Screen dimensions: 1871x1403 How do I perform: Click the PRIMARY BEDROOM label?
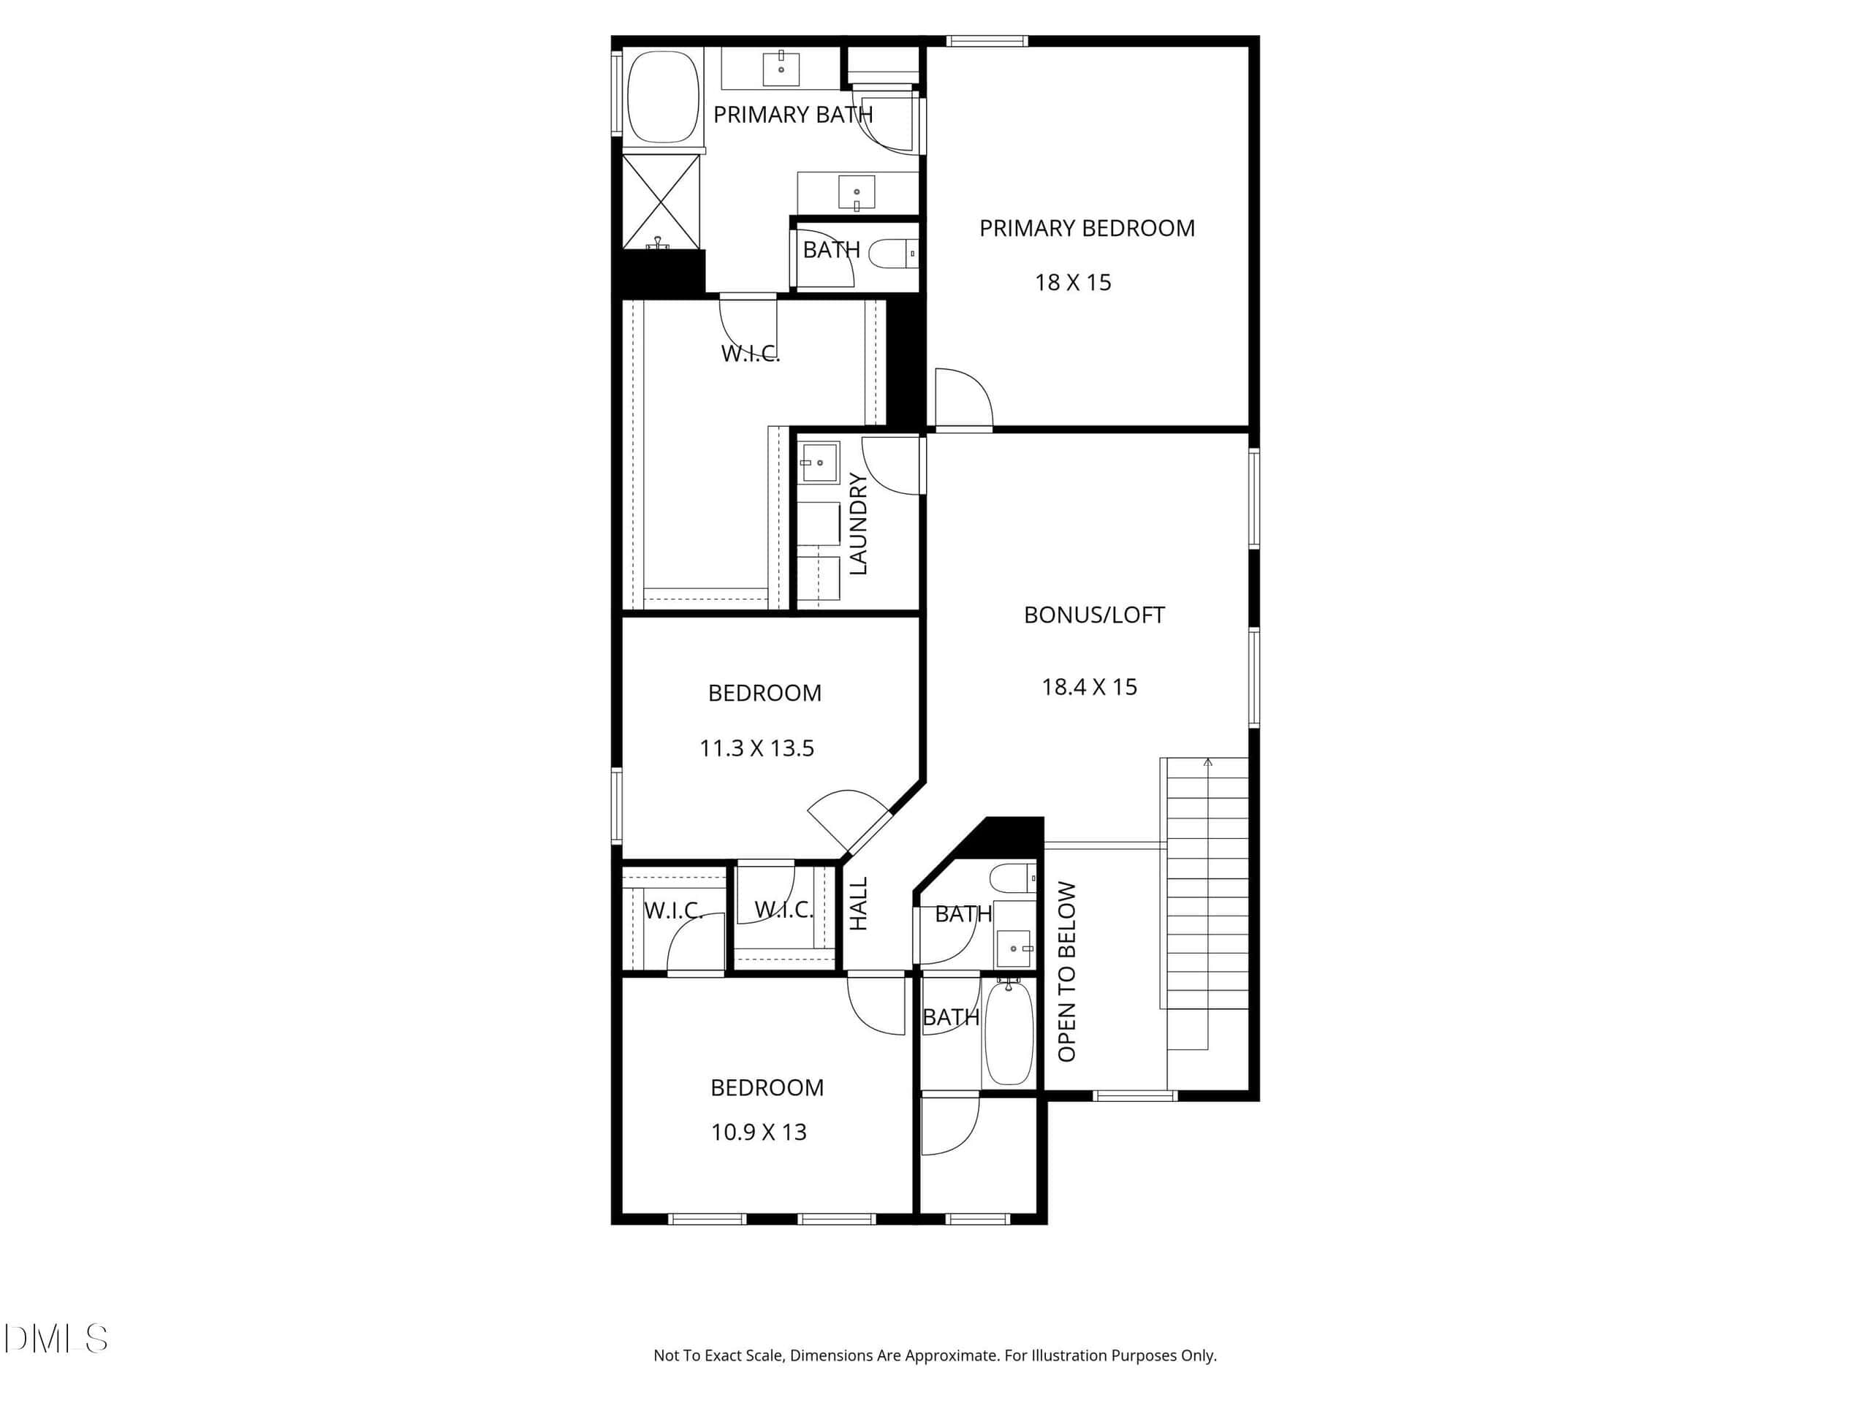[x=1087, y=228]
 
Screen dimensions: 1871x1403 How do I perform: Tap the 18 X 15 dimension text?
[x=1072, y=283]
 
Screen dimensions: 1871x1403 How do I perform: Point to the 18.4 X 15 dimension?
[x=1090, y=687]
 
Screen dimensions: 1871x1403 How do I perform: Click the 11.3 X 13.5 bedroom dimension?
[x=757, y=748]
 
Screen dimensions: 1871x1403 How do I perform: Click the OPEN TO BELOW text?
[x=1066, y=972]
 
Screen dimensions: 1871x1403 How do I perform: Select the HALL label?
[x=859, y=904]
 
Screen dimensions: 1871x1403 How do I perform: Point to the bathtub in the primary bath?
[x=663, y=97]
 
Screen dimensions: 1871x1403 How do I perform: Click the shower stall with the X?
[x=661, y=202]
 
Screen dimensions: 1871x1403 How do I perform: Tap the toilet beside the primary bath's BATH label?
[x=893, y=253]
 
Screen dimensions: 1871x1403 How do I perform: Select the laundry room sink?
[x=819, y=463]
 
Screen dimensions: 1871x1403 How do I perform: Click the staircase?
[x=1207, y=883]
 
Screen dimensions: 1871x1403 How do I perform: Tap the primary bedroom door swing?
[x=963, y=398]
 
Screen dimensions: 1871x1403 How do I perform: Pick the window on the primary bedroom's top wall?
[x=987, y=41]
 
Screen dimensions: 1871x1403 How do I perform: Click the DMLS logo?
[x=56, y=1339]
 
